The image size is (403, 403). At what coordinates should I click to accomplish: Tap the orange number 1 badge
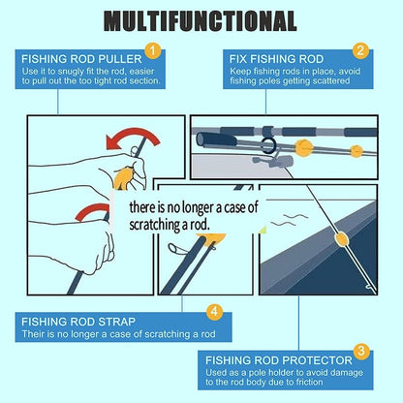click(x=150, y=50)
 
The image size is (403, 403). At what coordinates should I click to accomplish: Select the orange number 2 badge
click(x=359, y=51)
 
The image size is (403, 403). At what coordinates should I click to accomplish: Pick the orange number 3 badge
click(x=359, y=351)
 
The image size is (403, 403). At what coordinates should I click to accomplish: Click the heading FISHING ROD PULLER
click(x=80, y=57)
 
